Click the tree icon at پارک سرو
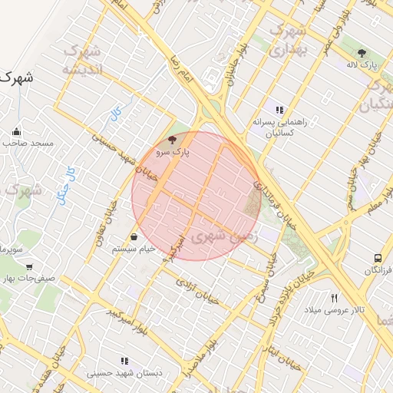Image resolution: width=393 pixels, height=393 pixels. [172, 140]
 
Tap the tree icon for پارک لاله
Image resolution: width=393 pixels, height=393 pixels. [362, 53]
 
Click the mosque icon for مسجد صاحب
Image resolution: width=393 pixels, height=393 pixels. [17, 131]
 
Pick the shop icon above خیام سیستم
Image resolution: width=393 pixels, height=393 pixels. [134, 236]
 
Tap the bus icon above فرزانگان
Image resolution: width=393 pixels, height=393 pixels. [377, 259]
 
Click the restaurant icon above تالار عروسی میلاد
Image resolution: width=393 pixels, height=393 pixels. [334, 298]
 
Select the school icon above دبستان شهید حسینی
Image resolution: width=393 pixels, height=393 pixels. [124, 361]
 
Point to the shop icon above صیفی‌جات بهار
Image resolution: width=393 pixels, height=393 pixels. [8, 268]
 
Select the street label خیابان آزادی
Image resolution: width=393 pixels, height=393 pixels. [198, 292]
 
